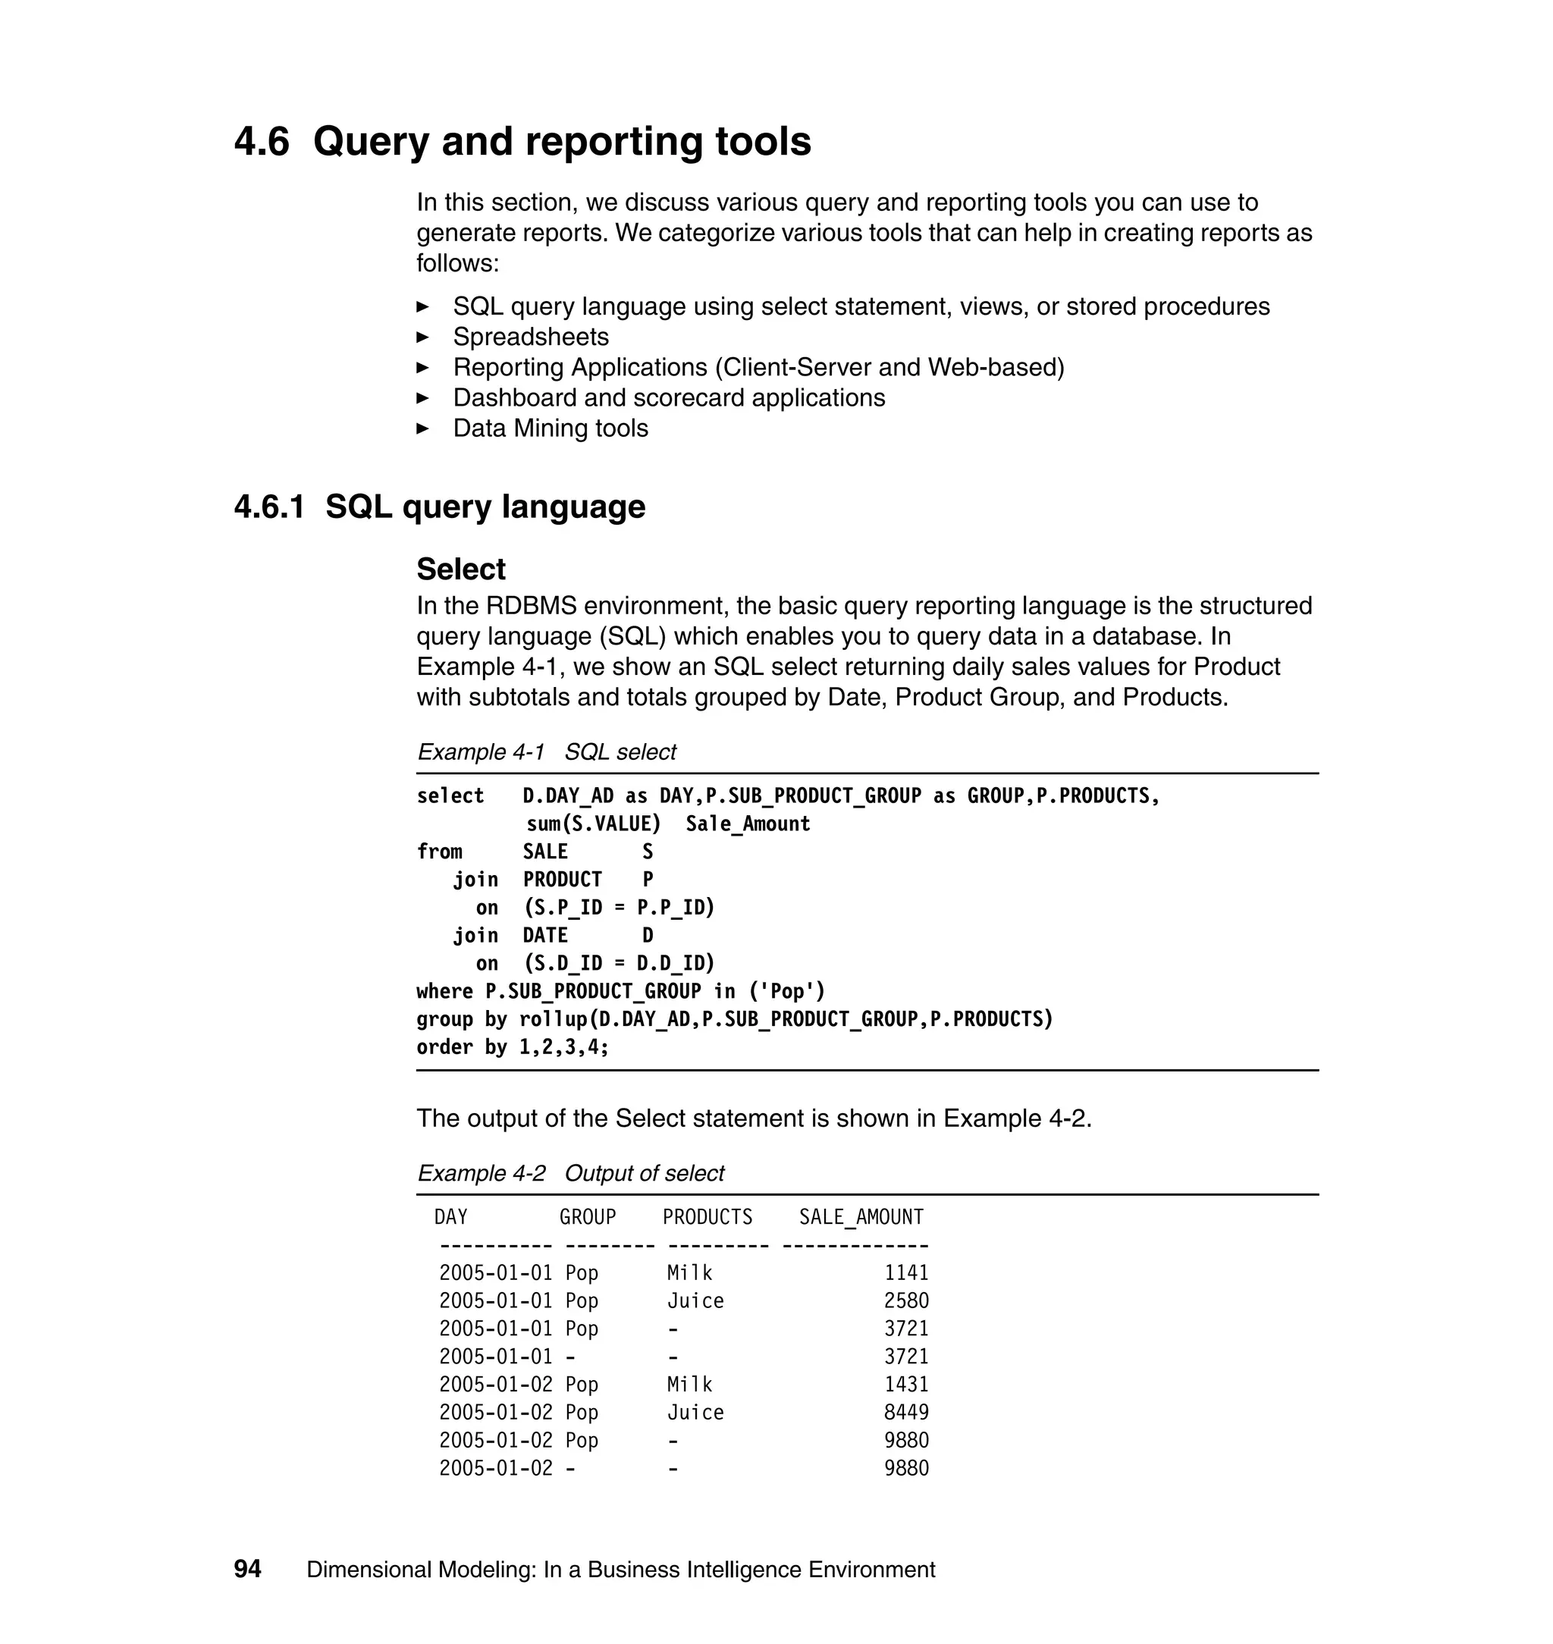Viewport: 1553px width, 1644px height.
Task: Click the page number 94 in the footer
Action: (247, 1569)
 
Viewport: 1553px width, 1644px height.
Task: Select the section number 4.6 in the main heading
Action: (262, 142)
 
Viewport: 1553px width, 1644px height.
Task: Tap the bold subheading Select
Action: (460, 569)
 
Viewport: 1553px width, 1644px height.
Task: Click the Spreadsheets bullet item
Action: (530, 337)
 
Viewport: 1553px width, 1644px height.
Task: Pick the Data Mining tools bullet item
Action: (550, 428)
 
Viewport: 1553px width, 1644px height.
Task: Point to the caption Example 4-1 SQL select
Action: (547, 751)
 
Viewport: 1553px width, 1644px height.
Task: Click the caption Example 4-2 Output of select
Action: (570, 1173)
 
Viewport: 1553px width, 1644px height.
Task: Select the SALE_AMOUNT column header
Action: (860, 1217)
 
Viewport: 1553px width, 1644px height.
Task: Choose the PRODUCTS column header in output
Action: (707, 1217)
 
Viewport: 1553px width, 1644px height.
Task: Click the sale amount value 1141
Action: (905, 1272)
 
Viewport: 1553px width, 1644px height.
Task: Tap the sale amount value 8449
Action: (905, 1412)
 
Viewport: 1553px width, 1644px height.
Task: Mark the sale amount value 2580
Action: (905, 1300)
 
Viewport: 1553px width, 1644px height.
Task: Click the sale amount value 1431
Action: (905, 1384)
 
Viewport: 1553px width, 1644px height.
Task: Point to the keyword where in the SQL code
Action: (444, 991)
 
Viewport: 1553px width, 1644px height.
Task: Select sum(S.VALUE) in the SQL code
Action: (594, 824)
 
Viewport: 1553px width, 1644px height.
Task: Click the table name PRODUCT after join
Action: (562, 879)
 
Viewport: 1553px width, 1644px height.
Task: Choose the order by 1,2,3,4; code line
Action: (513, 1047)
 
